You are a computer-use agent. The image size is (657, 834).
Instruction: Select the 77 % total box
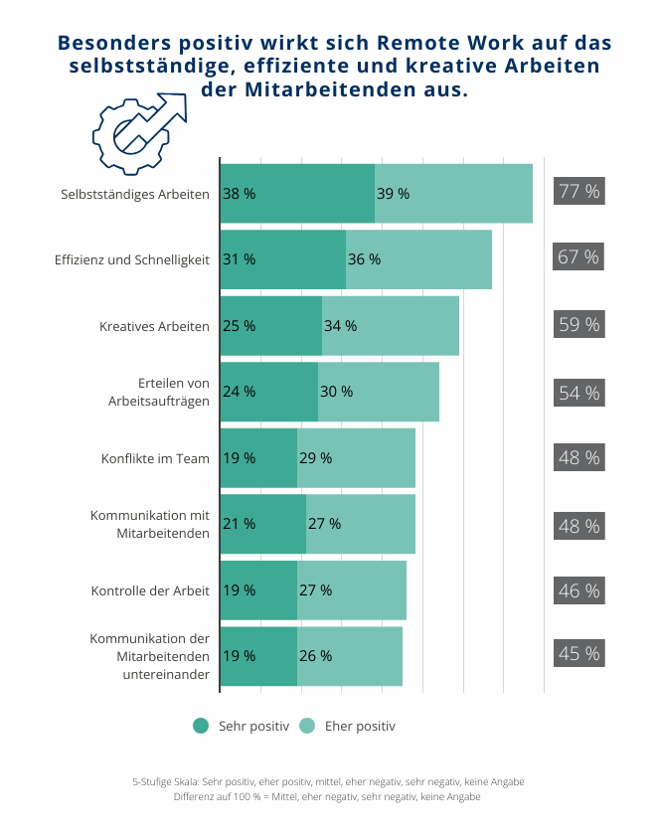click(x=578, y=192)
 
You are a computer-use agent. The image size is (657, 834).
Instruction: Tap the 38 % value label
click(x=239, y=194)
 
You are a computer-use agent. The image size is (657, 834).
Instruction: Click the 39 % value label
click(x=393, y=194)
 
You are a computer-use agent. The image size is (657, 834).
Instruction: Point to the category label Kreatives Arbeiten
click(x=154, y=326)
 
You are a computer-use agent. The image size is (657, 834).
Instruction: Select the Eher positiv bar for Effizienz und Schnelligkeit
click(x=418, y=259)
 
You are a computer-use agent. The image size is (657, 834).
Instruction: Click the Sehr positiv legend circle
click(x=201, y=726)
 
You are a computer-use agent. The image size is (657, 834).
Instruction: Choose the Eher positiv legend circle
click(x=307, y=726)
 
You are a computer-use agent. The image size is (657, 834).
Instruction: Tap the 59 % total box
click(x=578, y=324)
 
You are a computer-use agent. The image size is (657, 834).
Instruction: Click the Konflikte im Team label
click(x=155, y=458)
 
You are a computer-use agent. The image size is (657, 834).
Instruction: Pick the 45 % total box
click(x=578, y=654)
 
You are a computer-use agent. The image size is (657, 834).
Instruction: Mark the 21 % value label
click(x=239, y=524)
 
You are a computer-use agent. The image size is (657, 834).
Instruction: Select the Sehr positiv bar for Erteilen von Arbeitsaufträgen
click(x=268, y=392)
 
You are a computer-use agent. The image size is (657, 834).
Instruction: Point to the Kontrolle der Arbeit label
click(x=150, y=590)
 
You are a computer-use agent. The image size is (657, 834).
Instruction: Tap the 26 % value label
click(x=315, y=656)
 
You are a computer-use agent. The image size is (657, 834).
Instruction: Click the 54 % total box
click(x=578, y=393)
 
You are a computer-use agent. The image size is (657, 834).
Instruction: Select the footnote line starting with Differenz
click(x=327, y=797)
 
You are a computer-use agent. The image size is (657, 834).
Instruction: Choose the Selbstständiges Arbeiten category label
click(x=135, y=194)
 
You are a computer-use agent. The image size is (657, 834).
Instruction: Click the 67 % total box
click(x=578, y=257)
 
